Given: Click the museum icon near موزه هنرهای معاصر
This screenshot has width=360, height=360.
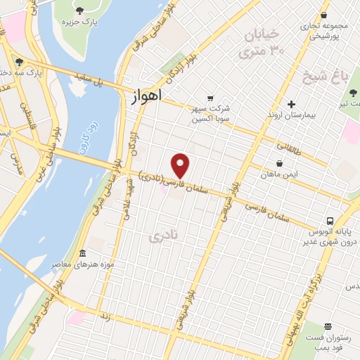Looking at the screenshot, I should [82, 253].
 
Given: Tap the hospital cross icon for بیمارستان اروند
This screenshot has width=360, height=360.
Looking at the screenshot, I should [292, 103].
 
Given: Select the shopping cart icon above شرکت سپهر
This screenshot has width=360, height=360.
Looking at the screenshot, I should [210, 99].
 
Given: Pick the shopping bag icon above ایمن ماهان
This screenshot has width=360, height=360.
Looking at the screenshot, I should [280, 163].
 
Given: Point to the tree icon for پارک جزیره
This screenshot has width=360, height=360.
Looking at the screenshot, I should [78, 11].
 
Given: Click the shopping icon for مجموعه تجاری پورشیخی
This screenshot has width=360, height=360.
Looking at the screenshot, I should [323, 15].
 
